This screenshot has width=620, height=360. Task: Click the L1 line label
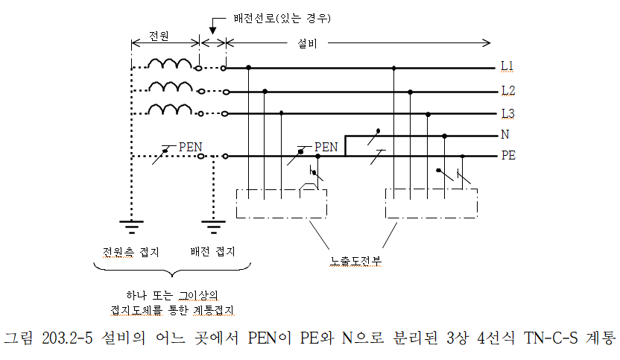coord(507,67)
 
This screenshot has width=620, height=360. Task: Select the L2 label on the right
coord(507,91)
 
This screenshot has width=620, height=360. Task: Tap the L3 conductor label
coord(507,113)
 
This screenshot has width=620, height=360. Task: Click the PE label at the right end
coord(508,157)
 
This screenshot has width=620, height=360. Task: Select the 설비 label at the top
coord(307,43)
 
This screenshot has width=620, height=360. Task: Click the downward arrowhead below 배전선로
coord(213,31)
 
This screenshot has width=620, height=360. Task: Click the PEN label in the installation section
coord(326,146)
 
